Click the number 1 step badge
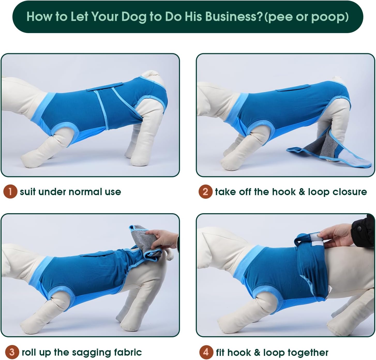10,192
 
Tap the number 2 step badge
205,192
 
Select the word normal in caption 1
85,192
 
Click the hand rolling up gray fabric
163,239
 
